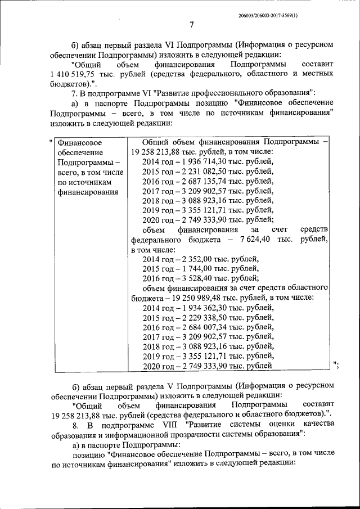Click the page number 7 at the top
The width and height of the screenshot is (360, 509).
191,25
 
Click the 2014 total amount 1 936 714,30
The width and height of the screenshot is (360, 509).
201,161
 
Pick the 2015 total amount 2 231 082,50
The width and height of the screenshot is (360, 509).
201,171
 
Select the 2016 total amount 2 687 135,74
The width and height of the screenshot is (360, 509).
201,181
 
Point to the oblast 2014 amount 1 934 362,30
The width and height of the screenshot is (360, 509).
201,308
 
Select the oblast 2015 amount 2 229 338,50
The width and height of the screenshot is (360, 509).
201,318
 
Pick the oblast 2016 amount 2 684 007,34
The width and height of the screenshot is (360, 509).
201,327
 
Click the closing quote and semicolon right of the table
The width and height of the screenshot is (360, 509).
336,366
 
